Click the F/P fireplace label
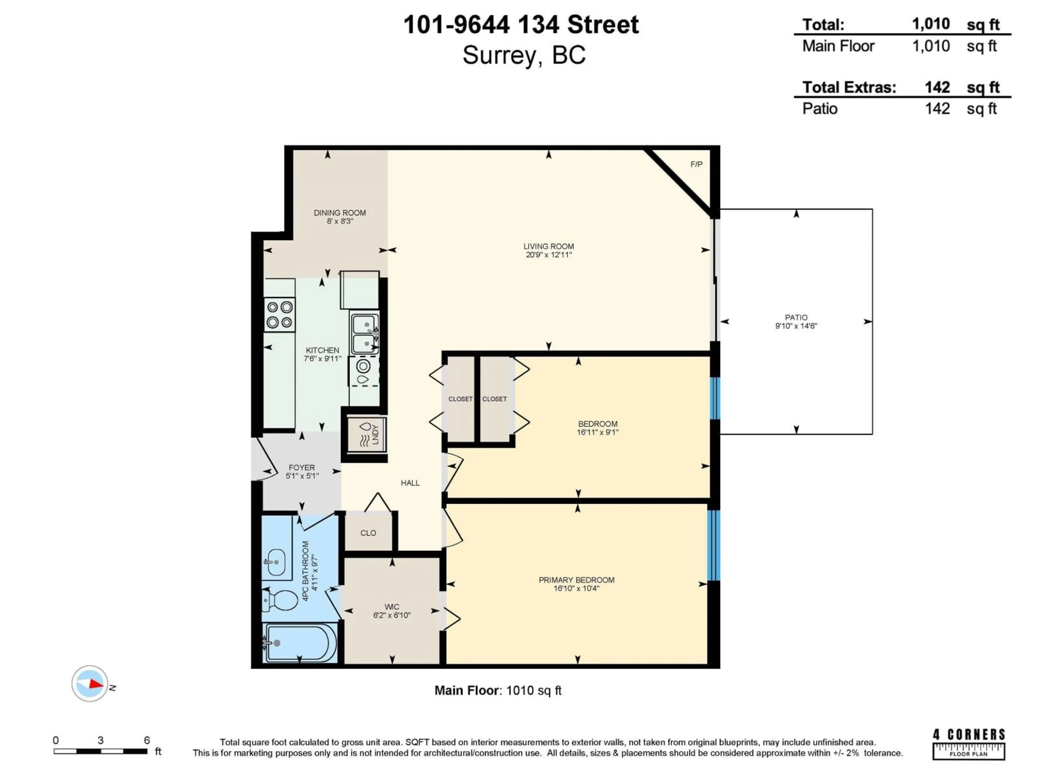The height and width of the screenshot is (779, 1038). pos(696,164)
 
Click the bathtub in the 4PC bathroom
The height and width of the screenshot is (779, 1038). pos(300,642)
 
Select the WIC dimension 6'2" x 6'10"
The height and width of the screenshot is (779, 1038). pos(392,615)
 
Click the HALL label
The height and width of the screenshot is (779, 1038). pos(410,483)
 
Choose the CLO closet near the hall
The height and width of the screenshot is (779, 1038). pos(368,533)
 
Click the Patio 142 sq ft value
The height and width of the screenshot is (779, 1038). pos(937,109)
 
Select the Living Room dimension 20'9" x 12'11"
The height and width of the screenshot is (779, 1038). pos(548,255)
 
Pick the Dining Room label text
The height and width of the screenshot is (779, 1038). pos(340,213)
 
